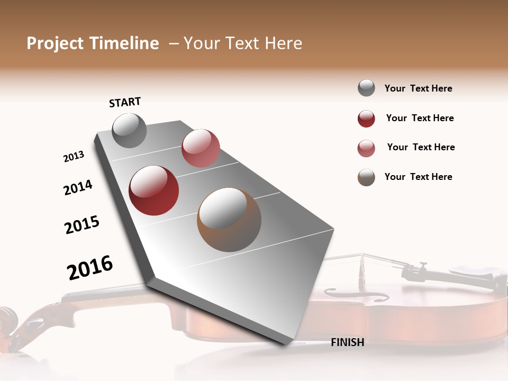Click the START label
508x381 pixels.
click(125, 102)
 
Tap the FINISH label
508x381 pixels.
click(347, 342)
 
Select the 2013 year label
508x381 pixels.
click(74, 157)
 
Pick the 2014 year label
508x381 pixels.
click(78, 187)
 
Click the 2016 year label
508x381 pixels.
click(90, 268)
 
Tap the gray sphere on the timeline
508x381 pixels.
click(129, 130)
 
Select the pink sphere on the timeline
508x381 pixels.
click(201, 148)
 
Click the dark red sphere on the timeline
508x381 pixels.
click(154, 190)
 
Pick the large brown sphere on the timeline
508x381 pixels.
click(229, 220)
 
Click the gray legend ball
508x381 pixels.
click(366, 88)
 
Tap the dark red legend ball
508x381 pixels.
click(366, 119)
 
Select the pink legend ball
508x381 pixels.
click(366, 148)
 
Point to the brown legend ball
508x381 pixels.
click(366, 177)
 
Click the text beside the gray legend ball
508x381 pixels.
click(418, 88)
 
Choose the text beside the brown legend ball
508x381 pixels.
click(418, 177)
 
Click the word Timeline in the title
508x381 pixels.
click(124, 43)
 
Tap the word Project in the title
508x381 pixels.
click(55, 43)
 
